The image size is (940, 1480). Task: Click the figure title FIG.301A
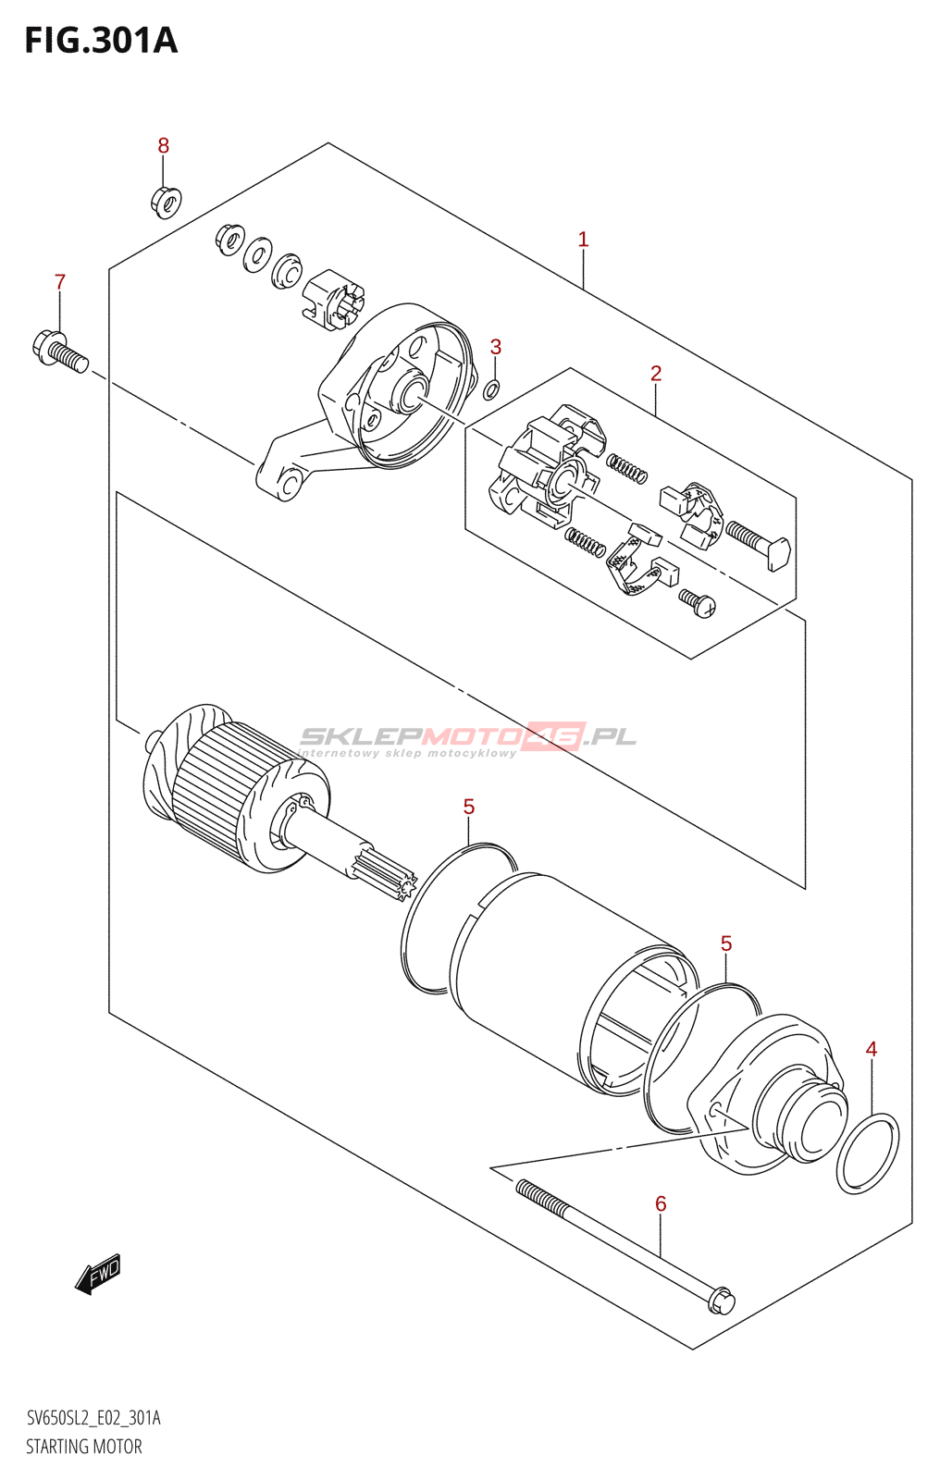pos(100,41)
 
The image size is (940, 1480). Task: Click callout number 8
pos(164,145)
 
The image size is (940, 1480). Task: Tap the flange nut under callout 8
pos(166,201)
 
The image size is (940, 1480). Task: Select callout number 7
pos(60,282)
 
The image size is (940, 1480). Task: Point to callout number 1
pos(583,240)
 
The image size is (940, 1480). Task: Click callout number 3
pos(496,347)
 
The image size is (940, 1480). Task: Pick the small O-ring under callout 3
pos(492,389)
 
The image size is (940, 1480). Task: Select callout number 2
pos(656,374)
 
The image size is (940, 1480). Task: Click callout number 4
pos(871,1049)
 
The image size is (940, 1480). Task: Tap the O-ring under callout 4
pos(867,1153)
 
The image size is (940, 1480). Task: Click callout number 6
pos(661,1203)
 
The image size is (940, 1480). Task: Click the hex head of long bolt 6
pos(722,1301)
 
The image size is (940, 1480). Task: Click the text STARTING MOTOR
pos(84,1447)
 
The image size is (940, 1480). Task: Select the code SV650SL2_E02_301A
pos(93,1418)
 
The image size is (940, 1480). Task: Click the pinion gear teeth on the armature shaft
pos(396,878)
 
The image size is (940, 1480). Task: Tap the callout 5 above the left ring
pos(469,808)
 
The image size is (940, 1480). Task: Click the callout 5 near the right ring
pos(726,943)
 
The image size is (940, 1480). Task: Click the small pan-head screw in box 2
pos(699,602)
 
